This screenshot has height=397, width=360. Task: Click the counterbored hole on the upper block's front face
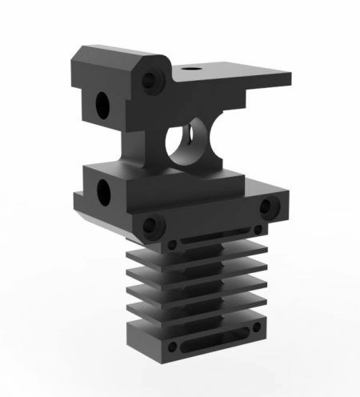point(149,80)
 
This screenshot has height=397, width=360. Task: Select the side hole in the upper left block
point(102,103)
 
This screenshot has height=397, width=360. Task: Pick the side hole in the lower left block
point(103,191)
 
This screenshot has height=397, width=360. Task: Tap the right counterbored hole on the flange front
point(267,209)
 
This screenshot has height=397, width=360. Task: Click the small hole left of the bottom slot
point(172,348)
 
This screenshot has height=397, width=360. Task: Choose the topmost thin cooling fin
point(208,257)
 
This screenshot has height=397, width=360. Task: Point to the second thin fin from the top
point(208,271)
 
